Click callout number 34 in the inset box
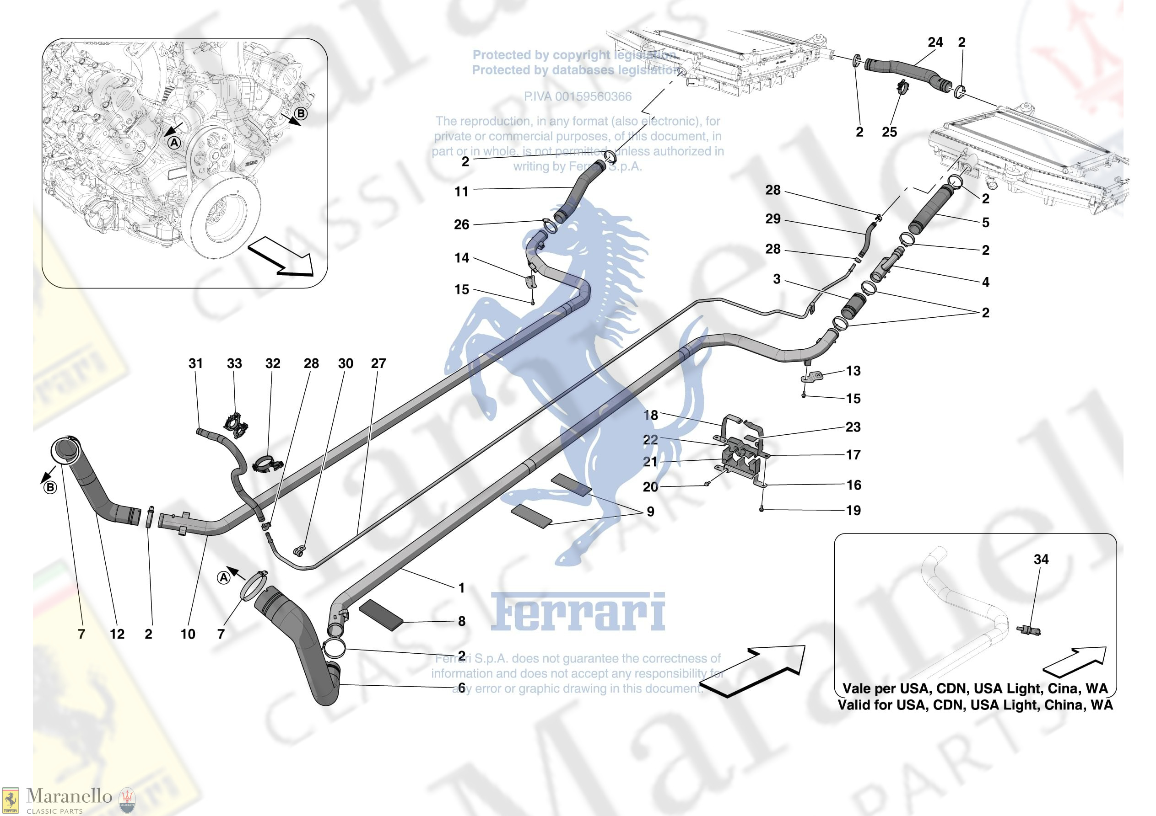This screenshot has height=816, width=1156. (1041, 559)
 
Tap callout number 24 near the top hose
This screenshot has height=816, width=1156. (935, 42)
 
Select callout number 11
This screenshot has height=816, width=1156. (461, 191)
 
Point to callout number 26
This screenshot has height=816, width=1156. (461, 224)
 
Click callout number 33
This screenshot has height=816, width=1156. (234, 363)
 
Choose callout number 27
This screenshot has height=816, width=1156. (378, 363)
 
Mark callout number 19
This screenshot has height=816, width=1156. (853, 510)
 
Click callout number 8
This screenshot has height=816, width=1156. (461, 621)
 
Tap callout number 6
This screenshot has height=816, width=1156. (461, 687)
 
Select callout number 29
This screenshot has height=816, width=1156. (773, 219)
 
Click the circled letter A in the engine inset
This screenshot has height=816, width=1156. (174, 143)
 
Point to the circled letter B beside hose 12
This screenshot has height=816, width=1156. (50, 487)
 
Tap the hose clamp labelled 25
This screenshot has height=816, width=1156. (901, 89)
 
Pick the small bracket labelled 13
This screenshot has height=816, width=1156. (811, 376)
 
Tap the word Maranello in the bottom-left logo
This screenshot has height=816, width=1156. (69, 795)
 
